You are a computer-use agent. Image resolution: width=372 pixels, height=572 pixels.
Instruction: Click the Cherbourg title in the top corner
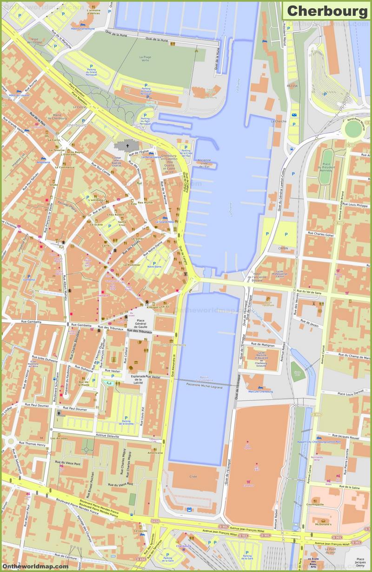pos(326,10)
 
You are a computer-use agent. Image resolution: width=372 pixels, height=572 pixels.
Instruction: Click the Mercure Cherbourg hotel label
pos(260,392)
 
